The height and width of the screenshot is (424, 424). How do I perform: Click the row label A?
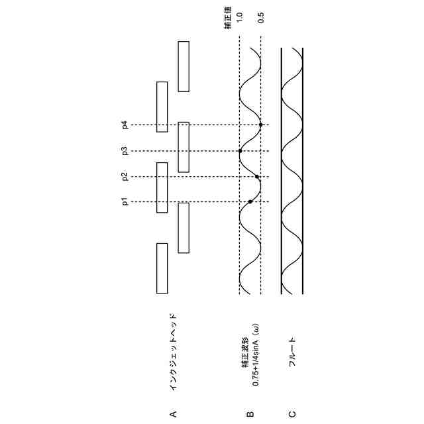(173, 414)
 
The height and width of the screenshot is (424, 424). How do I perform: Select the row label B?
(250, 414)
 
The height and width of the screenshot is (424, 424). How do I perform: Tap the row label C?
(292, 414)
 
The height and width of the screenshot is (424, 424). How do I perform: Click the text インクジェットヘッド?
(173, 351)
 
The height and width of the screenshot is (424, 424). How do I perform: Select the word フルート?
(292, 350)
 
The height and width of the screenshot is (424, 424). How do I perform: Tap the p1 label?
(125, 201)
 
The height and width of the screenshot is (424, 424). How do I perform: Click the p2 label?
(125, 176)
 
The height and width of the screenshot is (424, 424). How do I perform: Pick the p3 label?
(125, 151)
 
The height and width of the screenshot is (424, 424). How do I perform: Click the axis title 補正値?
(228, 21)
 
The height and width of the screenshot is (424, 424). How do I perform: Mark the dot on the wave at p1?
(250, 201)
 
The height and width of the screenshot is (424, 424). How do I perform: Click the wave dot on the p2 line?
(258, 177)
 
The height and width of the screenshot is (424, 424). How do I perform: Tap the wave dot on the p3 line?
(240, 151)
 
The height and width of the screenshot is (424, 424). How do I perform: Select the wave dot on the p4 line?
(261, 125)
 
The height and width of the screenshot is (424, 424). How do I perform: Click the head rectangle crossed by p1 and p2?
(162, 187)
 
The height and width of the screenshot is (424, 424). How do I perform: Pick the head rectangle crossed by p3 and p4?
(184, 146)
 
